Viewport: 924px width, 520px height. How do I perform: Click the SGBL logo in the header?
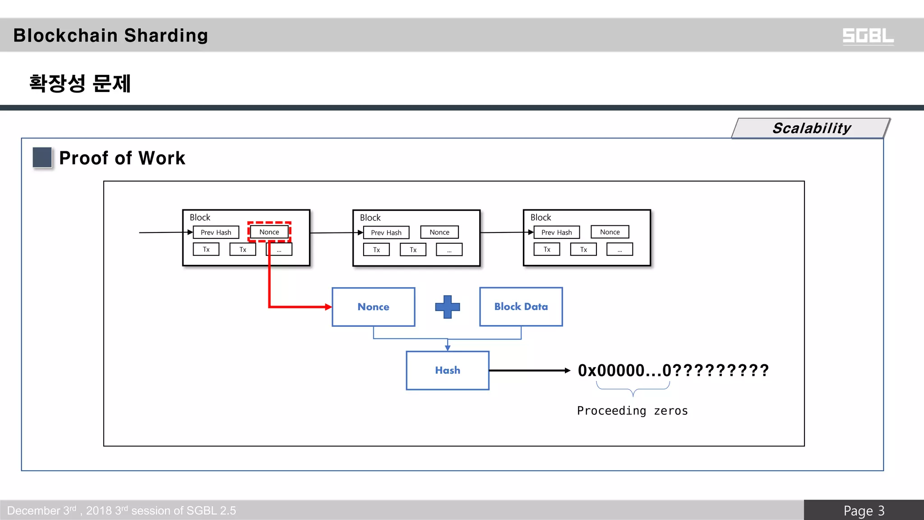click(868, 36)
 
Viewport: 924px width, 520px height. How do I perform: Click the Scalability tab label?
click(811, 128)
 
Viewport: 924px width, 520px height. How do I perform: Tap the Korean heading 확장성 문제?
click(80, 84)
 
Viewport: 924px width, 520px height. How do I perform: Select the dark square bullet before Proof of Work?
click(42, 158)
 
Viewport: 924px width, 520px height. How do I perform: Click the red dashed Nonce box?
click(269, 232)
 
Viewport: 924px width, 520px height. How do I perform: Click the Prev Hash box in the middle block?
click(386, 232)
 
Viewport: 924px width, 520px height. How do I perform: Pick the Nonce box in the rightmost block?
click(610, 232)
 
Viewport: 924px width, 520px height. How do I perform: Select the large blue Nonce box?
click(373, 307)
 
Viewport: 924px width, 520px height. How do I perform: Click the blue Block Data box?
click(521, 307)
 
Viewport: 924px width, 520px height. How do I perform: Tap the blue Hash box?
click(447, 371)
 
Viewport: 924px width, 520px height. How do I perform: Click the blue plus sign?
click(447, 307)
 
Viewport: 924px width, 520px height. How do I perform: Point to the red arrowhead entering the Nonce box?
click(328, 307)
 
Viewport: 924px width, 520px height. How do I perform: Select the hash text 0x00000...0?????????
click(673, 371)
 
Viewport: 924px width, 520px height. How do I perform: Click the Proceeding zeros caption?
click(632, 411)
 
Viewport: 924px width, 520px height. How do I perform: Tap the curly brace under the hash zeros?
click(633, 389)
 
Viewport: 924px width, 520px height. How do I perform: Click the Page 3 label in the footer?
click(864, 511)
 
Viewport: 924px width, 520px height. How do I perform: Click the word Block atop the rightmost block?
click(541, 218)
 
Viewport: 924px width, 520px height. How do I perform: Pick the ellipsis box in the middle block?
click(449, 250)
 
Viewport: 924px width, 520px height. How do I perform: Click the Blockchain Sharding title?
click(111, 36)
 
